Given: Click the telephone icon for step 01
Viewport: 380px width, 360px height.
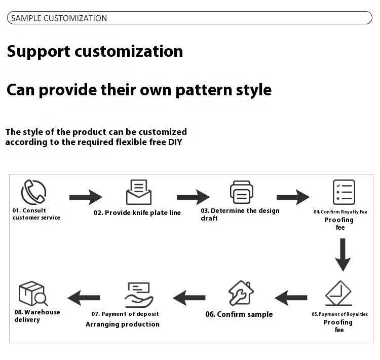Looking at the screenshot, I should tap(33, 192).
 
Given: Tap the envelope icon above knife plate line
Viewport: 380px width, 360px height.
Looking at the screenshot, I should tap(138, 192).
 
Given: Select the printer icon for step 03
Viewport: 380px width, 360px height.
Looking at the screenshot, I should tap(241, 192).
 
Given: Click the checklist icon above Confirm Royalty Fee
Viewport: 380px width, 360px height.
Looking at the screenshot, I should tap(344, 192).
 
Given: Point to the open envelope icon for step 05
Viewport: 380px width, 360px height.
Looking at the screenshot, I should tap(338, 293).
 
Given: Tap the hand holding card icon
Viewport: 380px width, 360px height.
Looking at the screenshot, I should tap(138, 295).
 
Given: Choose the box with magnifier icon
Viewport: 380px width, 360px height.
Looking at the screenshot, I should tap(32, 294).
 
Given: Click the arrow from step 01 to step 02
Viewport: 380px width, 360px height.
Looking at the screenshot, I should tap(86, 197).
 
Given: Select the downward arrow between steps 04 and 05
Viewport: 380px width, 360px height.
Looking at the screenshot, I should tap(343, 255).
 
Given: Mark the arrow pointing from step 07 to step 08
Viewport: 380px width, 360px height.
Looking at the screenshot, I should tap(84, 298).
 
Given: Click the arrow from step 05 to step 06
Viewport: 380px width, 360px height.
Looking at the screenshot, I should tap(291, 298).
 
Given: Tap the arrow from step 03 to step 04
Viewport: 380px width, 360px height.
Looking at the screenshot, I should tap(293, 197).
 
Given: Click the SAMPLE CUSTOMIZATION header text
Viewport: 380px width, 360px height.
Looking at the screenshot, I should tap(59, 18).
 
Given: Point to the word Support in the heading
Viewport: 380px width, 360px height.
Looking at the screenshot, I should tap(39, 51).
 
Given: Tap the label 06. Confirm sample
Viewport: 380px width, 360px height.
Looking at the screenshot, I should tap(239, 314).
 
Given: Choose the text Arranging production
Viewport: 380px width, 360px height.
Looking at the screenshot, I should tap(122, 325).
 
